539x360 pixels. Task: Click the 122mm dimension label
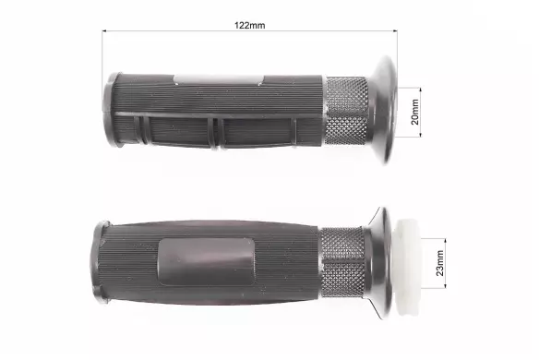[x=250, y=26]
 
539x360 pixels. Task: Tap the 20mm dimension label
[x=415, y=112]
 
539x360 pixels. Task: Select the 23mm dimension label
[x=439, y=263]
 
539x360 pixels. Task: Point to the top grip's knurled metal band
[x=346, y=111]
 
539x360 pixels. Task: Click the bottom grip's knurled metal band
[x=342, y=262]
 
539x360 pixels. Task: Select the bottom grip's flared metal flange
[x=378, y=263]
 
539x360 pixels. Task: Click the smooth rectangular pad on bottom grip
[x=207, y=262]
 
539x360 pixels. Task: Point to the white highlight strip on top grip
[x=219, y=79]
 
